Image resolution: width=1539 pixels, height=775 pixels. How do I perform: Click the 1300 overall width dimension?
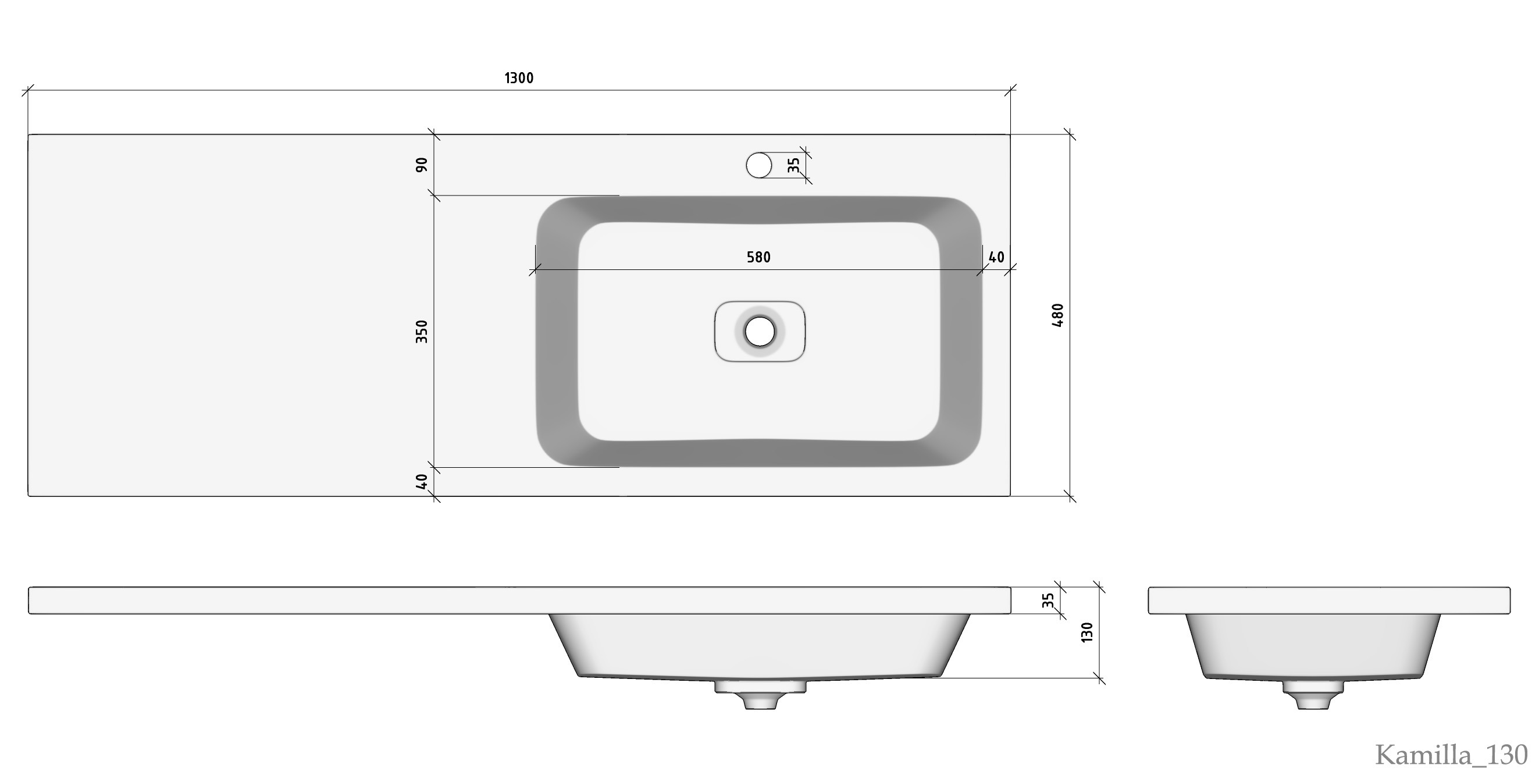pos(519,78)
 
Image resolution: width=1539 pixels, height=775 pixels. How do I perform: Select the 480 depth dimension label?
pos(1057,315)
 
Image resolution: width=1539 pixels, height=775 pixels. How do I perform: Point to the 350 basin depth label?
pos(422,331)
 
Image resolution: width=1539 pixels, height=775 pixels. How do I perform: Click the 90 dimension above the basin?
pos(422,165)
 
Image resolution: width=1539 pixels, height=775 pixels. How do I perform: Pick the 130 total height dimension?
pos(1086,632)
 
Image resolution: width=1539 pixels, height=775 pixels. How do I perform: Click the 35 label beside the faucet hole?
pos(793,165)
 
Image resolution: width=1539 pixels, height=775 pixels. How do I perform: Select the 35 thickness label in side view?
pos(1048,600)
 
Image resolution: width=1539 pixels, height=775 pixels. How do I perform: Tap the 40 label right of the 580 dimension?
pos(996,257)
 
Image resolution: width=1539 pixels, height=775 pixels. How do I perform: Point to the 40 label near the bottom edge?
pos(422,481)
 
